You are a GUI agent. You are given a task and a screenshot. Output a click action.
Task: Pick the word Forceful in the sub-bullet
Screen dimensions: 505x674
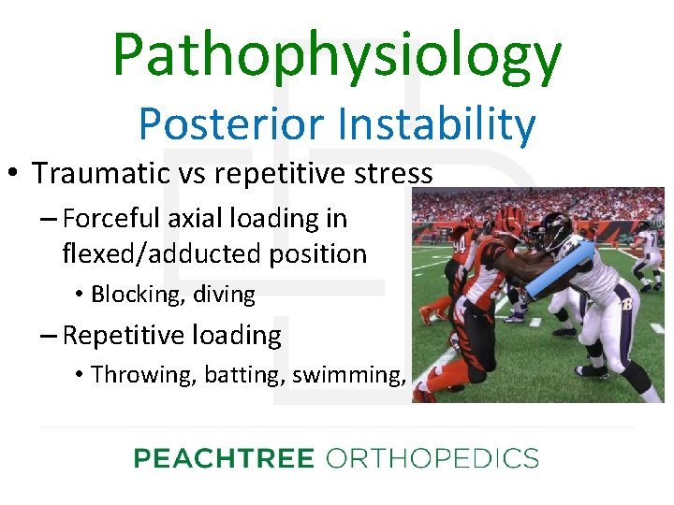click(111, 219)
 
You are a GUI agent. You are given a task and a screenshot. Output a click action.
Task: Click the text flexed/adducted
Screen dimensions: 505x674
click(154, 253)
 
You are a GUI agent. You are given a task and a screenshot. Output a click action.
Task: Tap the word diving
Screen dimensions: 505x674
click(224, 295)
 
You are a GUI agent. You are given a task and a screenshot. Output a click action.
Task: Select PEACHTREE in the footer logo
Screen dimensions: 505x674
click(224, 458)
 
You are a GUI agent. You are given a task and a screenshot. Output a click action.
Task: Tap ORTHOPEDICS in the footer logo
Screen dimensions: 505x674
click(432, 458)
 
